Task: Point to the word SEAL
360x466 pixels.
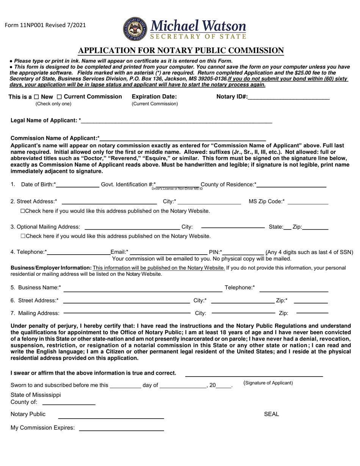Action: pos(271,414)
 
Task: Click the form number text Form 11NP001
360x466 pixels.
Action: pos(45,25)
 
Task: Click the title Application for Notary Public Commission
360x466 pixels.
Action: pos(181,51)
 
